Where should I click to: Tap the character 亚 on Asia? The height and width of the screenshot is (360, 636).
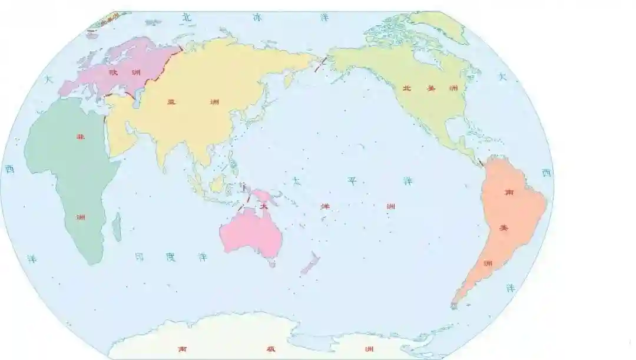coord(171,102)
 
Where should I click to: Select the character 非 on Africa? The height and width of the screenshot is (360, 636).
coord(80,137)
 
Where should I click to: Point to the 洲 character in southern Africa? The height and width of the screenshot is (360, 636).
coord(81,217)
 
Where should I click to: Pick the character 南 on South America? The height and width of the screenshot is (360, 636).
coord(508,193)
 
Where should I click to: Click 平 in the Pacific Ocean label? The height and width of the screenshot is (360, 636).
coord(352,181)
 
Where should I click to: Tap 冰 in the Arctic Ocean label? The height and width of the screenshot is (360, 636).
coord(257,18)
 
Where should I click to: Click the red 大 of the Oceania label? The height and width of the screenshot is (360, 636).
coord(264,207)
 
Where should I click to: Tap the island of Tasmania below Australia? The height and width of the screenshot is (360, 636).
coord(272,265)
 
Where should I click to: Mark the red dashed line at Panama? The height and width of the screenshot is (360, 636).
coord(480,160)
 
